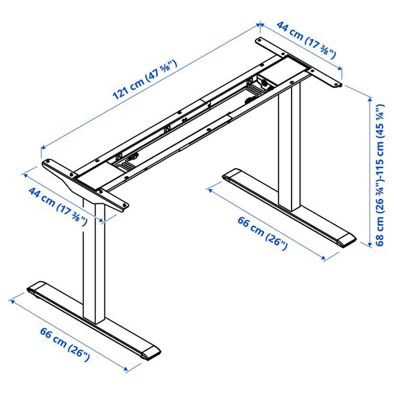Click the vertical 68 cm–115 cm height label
[380, 174]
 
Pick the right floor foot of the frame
[289, 208]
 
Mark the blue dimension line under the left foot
[69, 332]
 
